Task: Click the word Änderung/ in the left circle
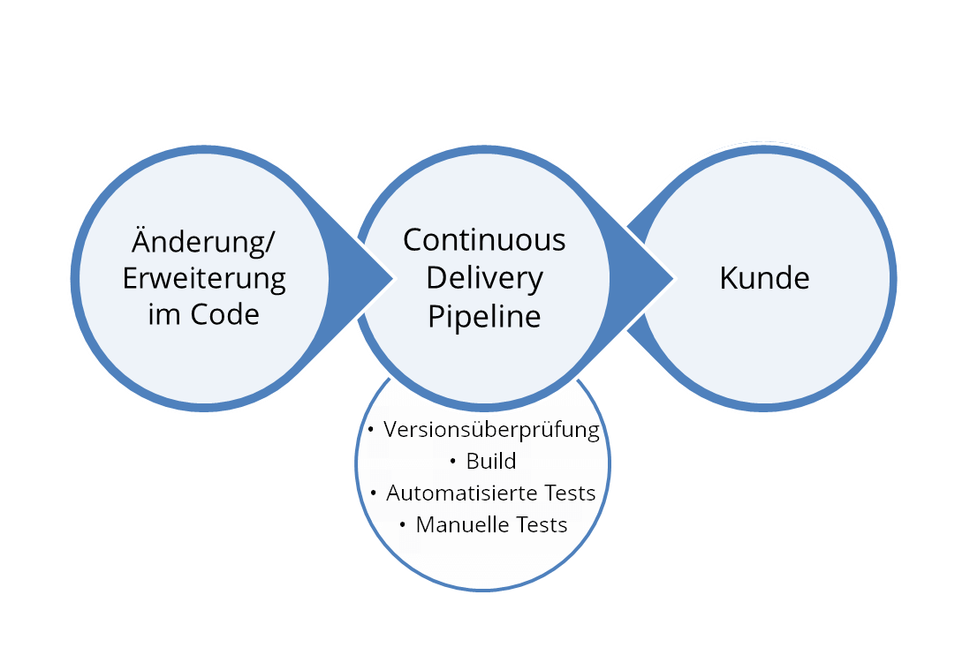pyautogui.click(x=203, y=241)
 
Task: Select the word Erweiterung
pyautogui.click(x=204, y=278)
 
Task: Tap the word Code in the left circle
pyautogui.click(x=224, y=314)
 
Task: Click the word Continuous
pyautogui.click(x=484, y=240)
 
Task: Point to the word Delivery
pyautogui.click(x=484, y=278)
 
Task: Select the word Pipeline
pyautogui.click(x=484, y=316)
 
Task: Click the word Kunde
pyautogui.click(x=765, y=278)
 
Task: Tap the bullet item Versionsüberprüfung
pyautogui.click(x=492, y=429)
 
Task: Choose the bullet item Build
pyautogui.click(x=491, y=461)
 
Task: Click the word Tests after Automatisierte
pyautogui.click(x=571, y=493)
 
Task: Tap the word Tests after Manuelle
pyautogui.click(x=542, y=524)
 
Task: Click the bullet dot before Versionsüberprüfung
pyautogui.click(x=370, y=429)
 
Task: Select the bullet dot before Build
pyautogui.click(x=453, y=461)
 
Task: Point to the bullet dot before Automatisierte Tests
pyautogui.click(x=374, y=493)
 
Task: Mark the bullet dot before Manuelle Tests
pyautogui.click(x=403, y=524)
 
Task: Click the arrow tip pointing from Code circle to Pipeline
pyautogui.click(x=393, y=278)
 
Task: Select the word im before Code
pyautogui.click(x=164, y=314)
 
